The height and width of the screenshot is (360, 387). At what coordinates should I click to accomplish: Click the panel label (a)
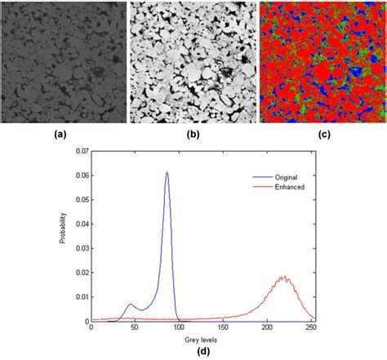point(62,136)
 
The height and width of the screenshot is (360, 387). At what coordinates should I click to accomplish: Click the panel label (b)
point(191,136)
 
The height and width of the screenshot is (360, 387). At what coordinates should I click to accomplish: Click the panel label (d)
point(202,350)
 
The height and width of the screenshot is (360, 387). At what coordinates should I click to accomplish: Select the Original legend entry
point(278,175)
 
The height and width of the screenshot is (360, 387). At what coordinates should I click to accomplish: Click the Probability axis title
point(63,237)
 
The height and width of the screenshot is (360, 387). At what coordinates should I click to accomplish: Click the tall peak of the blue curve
point(167,173)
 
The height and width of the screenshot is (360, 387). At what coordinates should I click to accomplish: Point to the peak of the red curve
point(283,278)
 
